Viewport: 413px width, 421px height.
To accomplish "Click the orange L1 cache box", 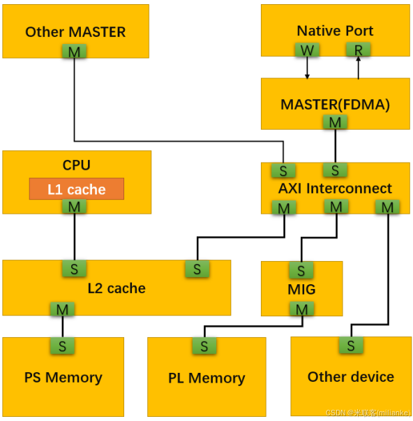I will tap(76, 189).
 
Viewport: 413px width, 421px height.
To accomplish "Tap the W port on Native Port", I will tap(306, 50).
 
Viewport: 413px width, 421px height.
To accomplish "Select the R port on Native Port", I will tap(359, 50).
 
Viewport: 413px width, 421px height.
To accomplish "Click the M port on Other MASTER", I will tap(74, 52).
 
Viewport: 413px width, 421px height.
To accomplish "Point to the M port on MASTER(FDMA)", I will tap(336, 122).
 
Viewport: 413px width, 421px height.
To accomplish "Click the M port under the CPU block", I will tap(74, 207).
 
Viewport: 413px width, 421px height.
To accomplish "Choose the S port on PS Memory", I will tap(62, 345).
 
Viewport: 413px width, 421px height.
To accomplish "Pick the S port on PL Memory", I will tap(204, 346).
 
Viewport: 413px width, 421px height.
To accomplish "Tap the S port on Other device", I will tap(351, 344).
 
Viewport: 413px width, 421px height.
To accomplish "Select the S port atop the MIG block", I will tap(301, 269).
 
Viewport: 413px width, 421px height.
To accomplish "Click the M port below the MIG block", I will tap(301, 309).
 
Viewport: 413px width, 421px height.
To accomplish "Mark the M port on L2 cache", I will tap(62, 309).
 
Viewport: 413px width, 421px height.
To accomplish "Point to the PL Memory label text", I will tap(206, 378).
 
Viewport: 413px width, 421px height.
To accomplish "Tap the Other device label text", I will tap(350, 377).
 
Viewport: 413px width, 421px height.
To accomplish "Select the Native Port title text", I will tap(334, 31).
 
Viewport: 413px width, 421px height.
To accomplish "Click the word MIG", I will tap(301, 289).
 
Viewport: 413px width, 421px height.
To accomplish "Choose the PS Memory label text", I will tap(63, 378).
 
